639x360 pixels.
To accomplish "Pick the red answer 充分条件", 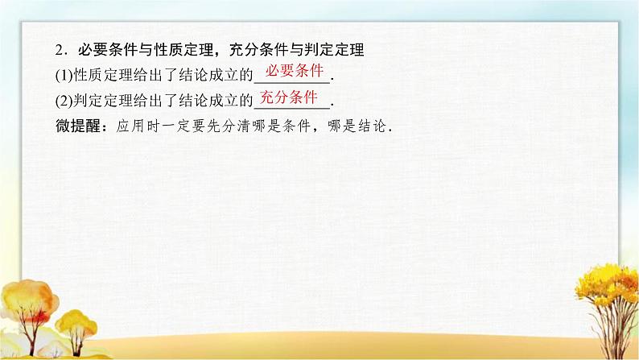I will coord(291,98).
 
